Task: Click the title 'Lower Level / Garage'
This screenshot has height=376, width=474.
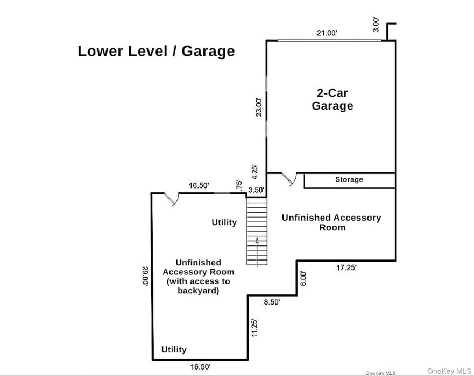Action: pyautogui.click(x=156, y=51)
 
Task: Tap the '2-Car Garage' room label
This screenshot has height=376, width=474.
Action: pyautogui.click(x=332, y=99)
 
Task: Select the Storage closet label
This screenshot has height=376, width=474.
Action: pyautogui.click(x=349, y=179)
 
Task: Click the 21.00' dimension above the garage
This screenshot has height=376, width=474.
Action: pyautogui.click(x=327, y=33)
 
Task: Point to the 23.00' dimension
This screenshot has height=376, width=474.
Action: pyautogui.click(x=259, y=107)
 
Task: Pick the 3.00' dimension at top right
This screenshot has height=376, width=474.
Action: pyautogui.click(x=376, y=25)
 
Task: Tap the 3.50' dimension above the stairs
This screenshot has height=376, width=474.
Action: pyautogui.click(x=256, y=190)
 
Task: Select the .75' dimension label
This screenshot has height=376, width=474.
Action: pyautogui.click(x=239, y=185)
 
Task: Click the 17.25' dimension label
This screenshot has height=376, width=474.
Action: pyautogui.click(x=346, y=267)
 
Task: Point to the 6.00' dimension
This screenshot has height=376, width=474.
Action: pyautogui.click(x=303, y=278)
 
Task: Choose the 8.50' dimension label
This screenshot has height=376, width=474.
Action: pyautogui.click(x=272, y=302)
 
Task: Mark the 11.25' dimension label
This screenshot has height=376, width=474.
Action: pyautogui.click(x=254, y=328)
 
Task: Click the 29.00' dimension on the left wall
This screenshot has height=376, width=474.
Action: pyautogui.click(x=145, y=276)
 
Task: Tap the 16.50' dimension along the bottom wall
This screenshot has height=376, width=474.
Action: pyautogui.click(x=201, y=367)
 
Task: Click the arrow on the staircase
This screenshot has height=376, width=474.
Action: pyautogui.click(x=257, y=252)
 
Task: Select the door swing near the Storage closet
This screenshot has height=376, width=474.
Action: pyautogui.click(x=289, y=179)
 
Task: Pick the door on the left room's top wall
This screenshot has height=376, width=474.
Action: pyautogui.click(x=171, y=199)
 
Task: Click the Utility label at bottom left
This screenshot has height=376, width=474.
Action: pyautogui.click(x=174, y=350)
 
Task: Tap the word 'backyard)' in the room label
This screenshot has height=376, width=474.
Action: pyautogui.click(x=199, y=291)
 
